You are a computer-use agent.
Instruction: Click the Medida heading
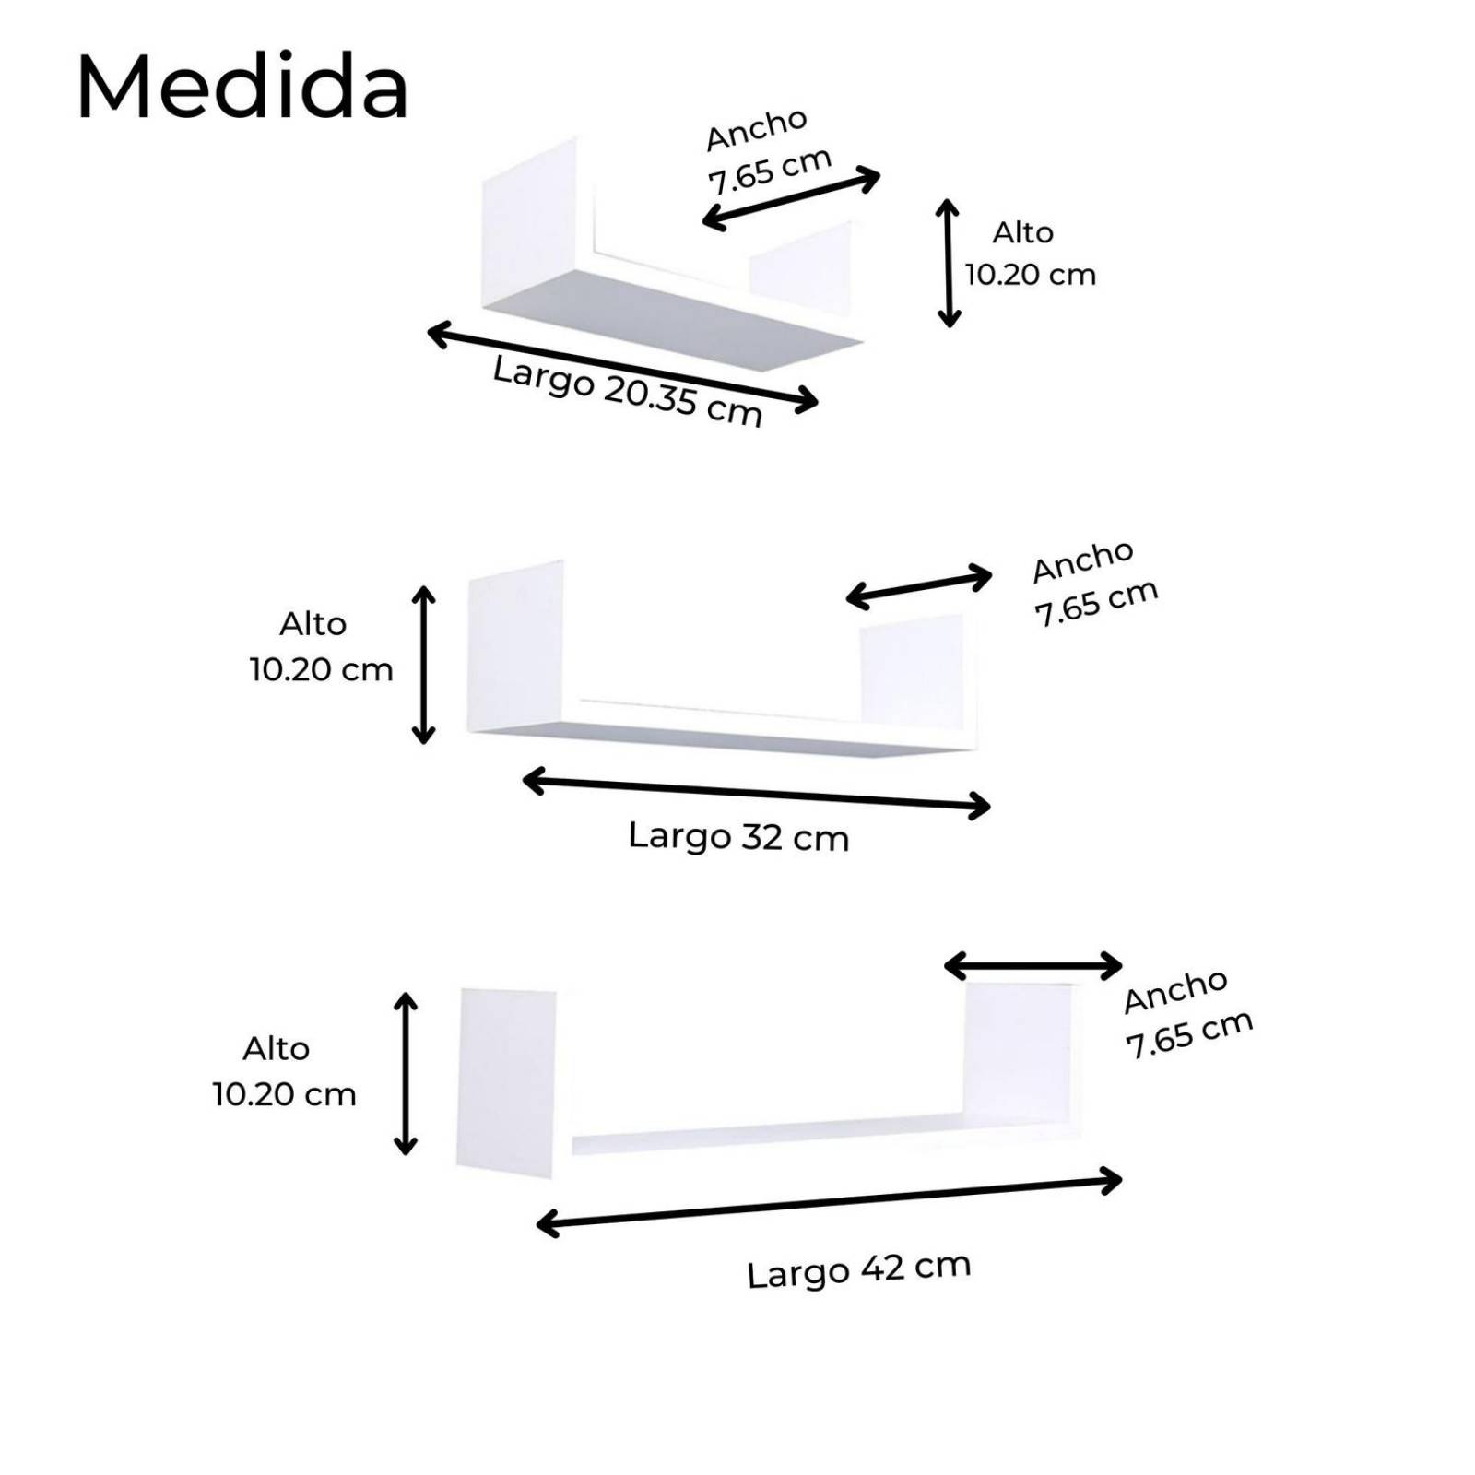242,88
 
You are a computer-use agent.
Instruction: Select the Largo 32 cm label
738,837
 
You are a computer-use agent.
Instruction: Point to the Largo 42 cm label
859,1271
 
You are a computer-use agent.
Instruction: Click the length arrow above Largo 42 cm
829,1202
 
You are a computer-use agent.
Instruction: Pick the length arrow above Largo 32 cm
756,794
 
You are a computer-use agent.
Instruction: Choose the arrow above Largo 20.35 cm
622,366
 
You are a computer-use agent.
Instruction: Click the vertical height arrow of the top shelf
949,263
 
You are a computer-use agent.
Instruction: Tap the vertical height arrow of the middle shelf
423,664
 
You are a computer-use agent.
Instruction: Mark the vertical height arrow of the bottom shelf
406,1073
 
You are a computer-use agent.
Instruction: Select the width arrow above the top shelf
791,198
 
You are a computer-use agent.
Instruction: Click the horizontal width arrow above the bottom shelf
1033,967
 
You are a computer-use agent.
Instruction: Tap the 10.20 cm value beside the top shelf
1031,275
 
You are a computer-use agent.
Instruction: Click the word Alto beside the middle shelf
313,624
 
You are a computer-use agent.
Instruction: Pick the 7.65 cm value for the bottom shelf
1189,1034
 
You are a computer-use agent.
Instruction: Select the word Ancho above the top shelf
757,129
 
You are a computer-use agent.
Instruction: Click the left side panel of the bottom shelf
506,1082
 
